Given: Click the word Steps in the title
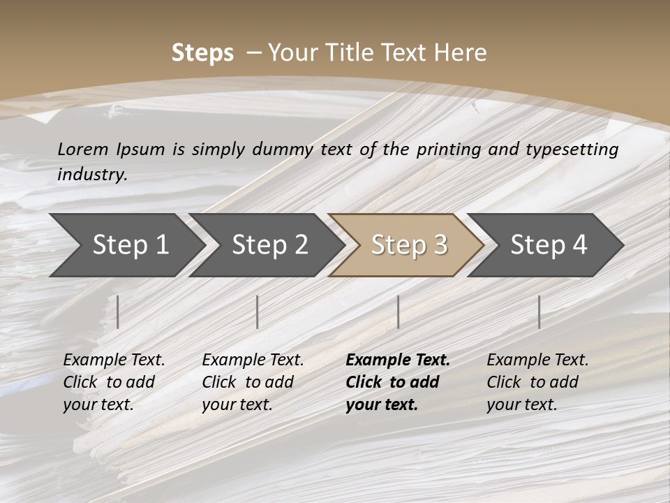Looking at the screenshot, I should (202, 52).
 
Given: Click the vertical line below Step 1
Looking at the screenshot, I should (118, 312).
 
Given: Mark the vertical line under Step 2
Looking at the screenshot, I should (258, 312).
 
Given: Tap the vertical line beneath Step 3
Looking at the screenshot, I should (398, 312).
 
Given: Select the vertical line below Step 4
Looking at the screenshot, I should (539, 312).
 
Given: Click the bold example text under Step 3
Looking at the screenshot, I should (397, 382).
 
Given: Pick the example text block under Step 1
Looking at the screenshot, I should (114, 382).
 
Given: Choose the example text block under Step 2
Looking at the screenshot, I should (253, 382).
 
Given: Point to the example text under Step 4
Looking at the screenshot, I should (537, 382).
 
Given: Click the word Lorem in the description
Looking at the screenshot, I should (83, 149).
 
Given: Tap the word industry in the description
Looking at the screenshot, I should (92, 174).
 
